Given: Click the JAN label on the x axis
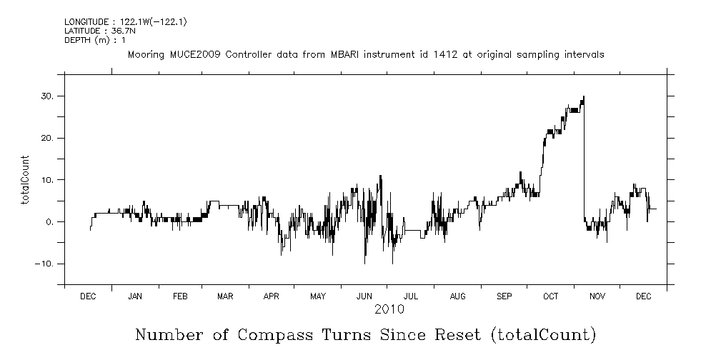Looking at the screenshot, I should click(134, 296).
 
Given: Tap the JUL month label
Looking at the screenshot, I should click(411, 296).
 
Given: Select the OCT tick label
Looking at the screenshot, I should click(550, 296).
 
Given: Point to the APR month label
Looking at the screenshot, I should click(272, 296).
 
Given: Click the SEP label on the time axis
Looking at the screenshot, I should click(504, 296).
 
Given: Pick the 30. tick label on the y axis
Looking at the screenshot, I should click(48, 96).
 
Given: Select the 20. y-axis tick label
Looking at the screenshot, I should click(48, 138).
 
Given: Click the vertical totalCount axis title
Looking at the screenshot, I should click(26, 179).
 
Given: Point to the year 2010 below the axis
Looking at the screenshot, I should click(389, 309).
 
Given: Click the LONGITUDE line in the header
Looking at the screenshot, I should click(125, 22).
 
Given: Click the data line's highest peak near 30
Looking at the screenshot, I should click(584, 96).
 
